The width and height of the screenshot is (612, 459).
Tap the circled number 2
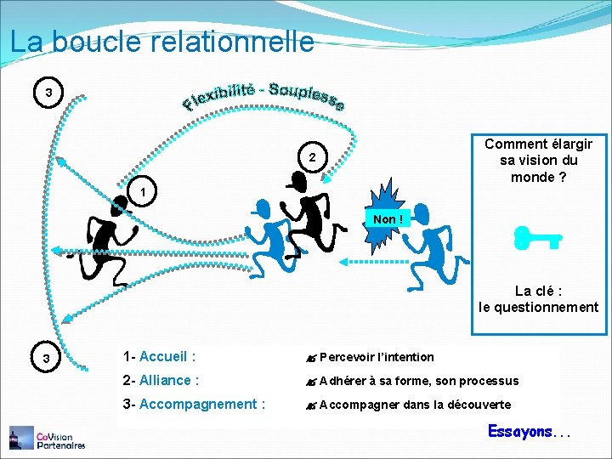pyautogui.click(x=312, y=158)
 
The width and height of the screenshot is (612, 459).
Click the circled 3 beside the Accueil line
pyautogui.click(x=49, y=359)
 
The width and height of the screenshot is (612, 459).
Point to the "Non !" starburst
pyautogui.click(x=387, y=219)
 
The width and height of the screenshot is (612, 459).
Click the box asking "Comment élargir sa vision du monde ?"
pyautogui.click(x=538, y=160)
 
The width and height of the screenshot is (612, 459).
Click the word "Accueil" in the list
pyautogui.click(x=164, y=357)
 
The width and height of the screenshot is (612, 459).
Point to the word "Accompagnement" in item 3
pyautogui.click(x=201, y=405)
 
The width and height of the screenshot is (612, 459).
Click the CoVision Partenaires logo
pyautogui.click(x=48, y=437)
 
